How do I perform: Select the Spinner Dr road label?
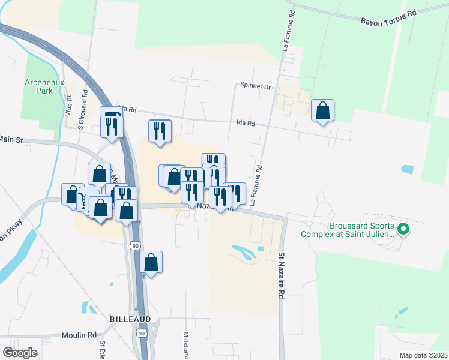pyautogui.click(x=255, y=86)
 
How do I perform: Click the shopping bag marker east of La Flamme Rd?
pyautogui.click(x=323, y=111)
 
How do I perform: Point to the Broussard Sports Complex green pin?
pyautogui.click(x=404, y=229)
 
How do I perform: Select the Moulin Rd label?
pyautogui.click(x=83, y=335)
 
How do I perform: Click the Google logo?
pyautogui.click(x=20, y=352)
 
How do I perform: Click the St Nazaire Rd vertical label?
pyautogui.click(x=280, y=276)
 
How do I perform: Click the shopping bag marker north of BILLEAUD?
pyautogui.click(x=151, y=263)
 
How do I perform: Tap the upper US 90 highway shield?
pyautogui.click(x=136, y=245)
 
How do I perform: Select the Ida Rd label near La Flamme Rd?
pyautogui.click(x=247, y=123)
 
